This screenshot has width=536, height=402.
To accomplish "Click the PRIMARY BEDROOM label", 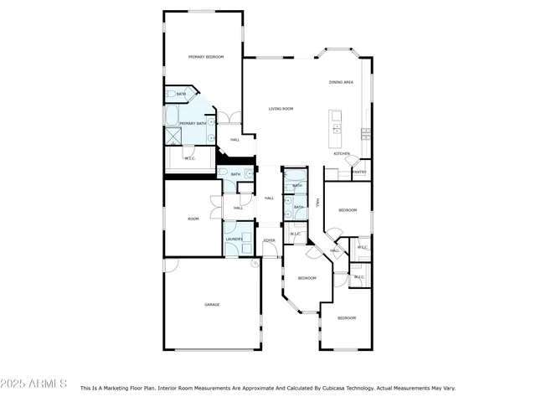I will pos(206,56).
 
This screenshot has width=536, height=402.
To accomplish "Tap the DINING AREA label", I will pos(341,82).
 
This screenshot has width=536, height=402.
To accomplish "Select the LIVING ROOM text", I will pos(281,109).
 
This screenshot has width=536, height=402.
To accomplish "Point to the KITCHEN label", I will pos(342,153).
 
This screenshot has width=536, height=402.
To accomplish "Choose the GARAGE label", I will pos(212,304).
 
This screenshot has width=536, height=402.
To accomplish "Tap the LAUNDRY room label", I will pos(234,240).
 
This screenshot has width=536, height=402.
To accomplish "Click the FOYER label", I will pos(270,240).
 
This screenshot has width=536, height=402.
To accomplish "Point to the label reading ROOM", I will pos(193,219).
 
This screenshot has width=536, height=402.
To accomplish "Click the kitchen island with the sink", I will pos(337,126).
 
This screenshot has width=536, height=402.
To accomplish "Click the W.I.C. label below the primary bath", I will pos(190,158).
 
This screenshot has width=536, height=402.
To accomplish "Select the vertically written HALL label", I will pos(317,202).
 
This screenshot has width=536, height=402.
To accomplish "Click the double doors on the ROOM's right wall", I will pos(220,207).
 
